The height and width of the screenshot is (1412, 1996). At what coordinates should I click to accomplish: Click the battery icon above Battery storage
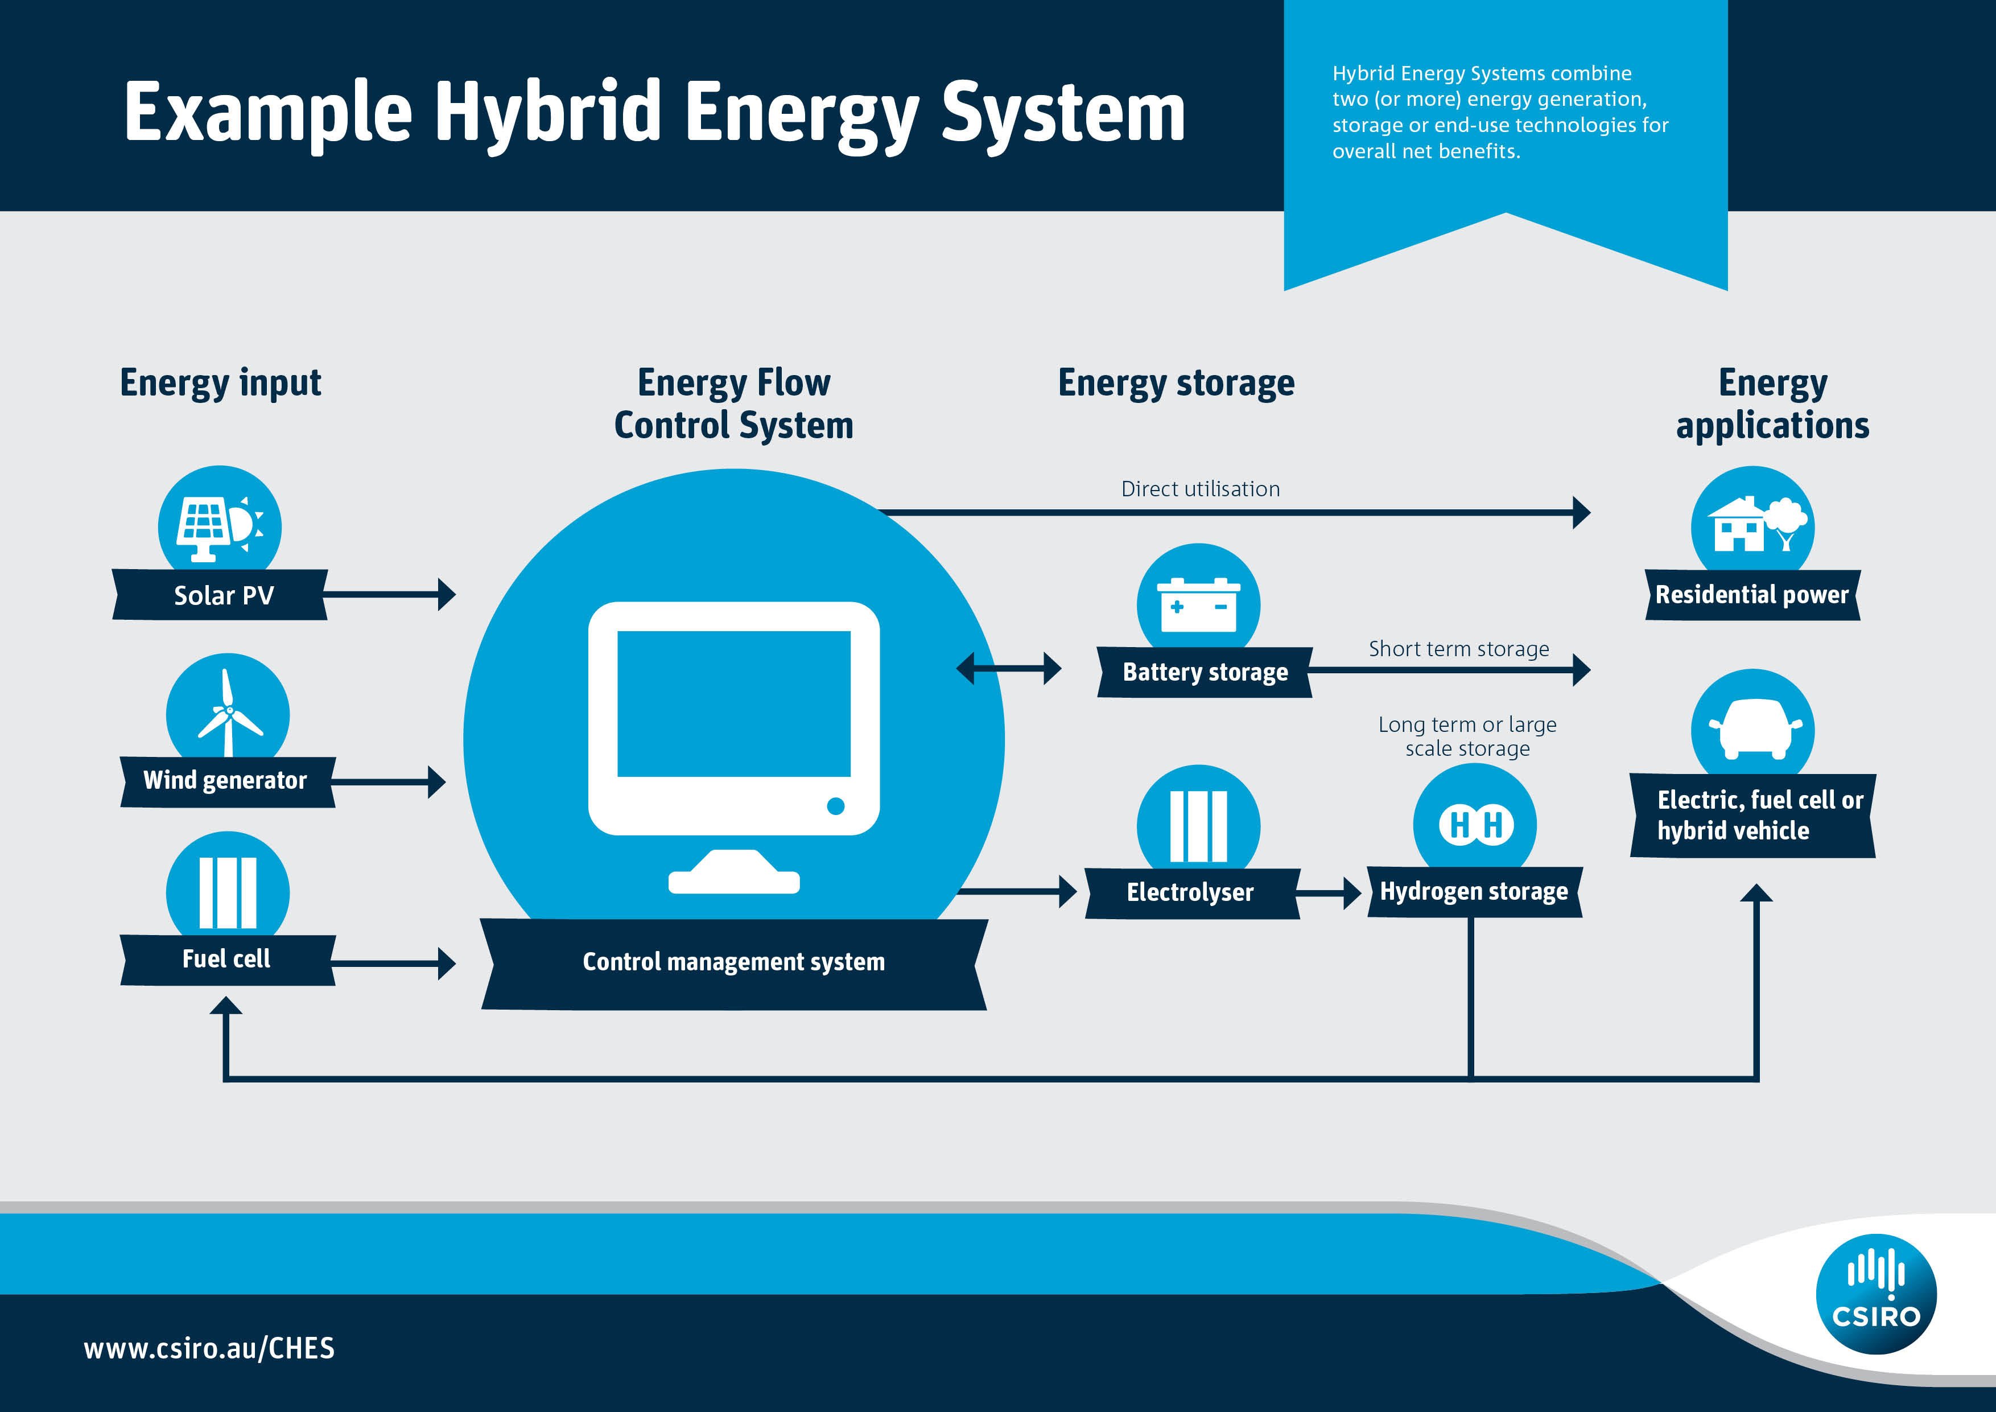coord(1198,603)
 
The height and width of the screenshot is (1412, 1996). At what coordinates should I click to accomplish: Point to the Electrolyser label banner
coord(1190,892)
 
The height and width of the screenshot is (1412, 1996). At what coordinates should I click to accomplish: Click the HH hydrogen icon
coord(1475,824)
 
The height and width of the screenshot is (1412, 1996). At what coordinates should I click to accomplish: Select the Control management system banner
coord(734,962)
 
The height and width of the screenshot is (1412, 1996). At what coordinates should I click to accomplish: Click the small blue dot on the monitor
coord(835,806)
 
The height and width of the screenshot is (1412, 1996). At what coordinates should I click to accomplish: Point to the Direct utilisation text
coord(1199,489)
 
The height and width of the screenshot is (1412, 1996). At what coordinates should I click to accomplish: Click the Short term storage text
coord(1458,649)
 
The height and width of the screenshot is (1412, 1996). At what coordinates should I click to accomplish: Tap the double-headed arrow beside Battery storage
coord(1008,669)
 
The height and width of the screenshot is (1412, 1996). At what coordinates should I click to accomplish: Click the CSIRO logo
coord(1876,1294)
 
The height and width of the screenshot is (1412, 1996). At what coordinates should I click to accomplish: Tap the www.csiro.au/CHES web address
coord(209,1348)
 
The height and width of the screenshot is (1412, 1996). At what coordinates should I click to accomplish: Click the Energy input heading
coord(220,382)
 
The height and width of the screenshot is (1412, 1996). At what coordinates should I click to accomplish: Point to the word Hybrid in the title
coord(548,113)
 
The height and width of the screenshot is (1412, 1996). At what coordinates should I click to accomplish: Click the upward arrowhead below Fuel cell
coord(226,1006)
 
